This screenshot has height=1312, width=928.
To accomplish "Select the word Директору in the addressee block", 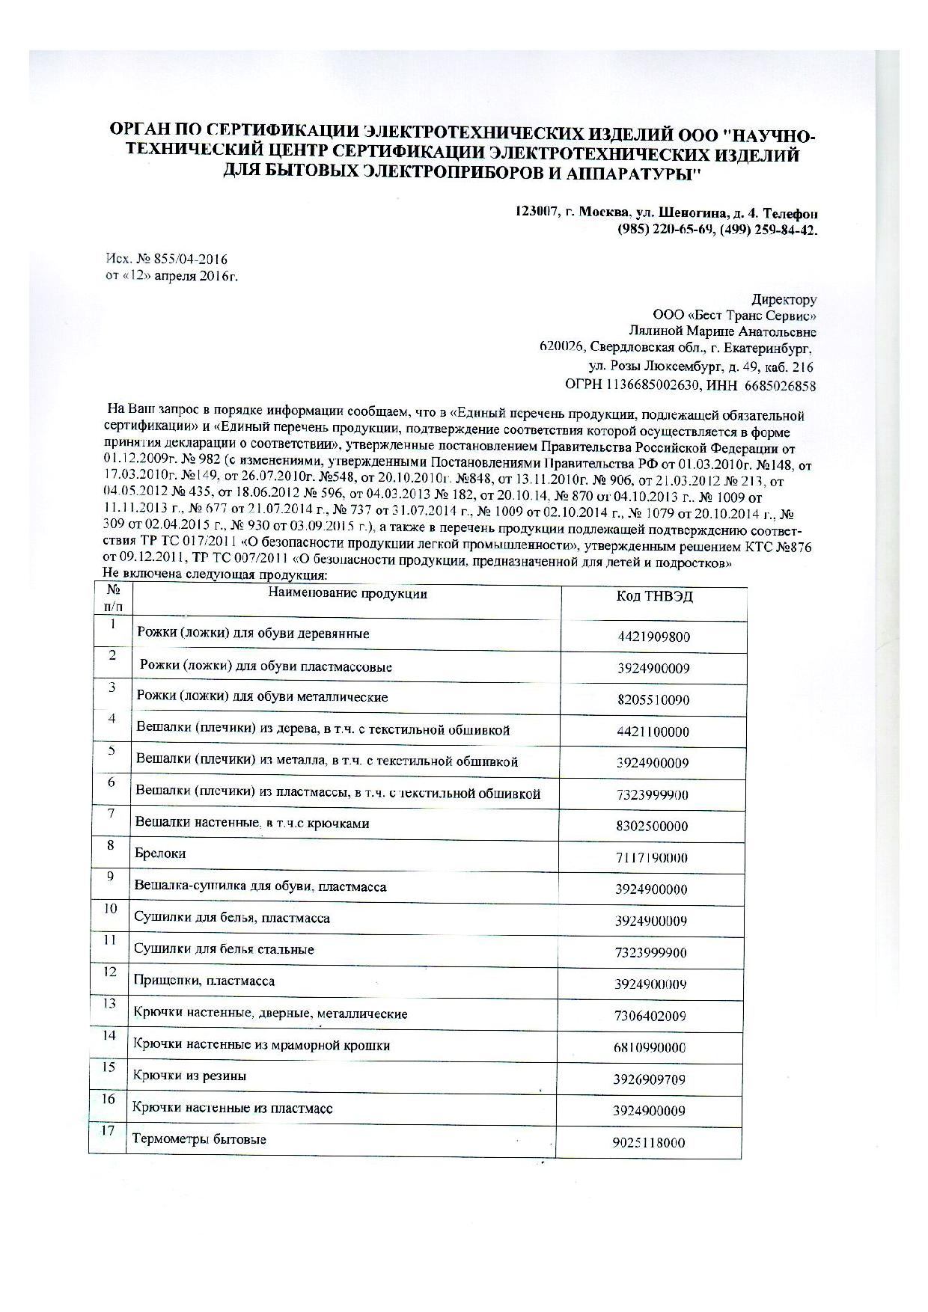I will click(784, 299).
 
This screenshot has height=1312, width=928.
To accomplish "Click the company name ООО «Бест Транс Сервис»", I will click(734, 316).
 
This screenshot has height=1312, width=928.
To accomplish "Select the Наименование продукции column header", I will click(348, 594).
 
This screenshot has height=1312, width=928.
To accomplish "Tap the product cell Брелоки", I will click(160, 853).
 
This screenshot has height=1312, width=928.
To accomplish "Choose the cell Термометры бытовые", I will click(199, 1139).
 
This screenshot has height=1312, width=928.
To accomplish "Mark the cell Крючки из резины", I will click(189, 1076).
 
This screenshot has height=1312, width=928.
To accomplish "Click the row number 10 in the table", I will click(110, 909).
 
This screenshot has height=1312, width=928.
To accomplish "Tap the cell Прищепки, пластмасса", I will click(204, 981).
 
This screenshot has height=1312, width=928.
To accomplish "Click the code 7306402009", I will click(650, 1017).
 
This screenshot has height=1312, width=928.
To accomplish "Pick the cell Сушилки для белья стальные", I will click(223, 949).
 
